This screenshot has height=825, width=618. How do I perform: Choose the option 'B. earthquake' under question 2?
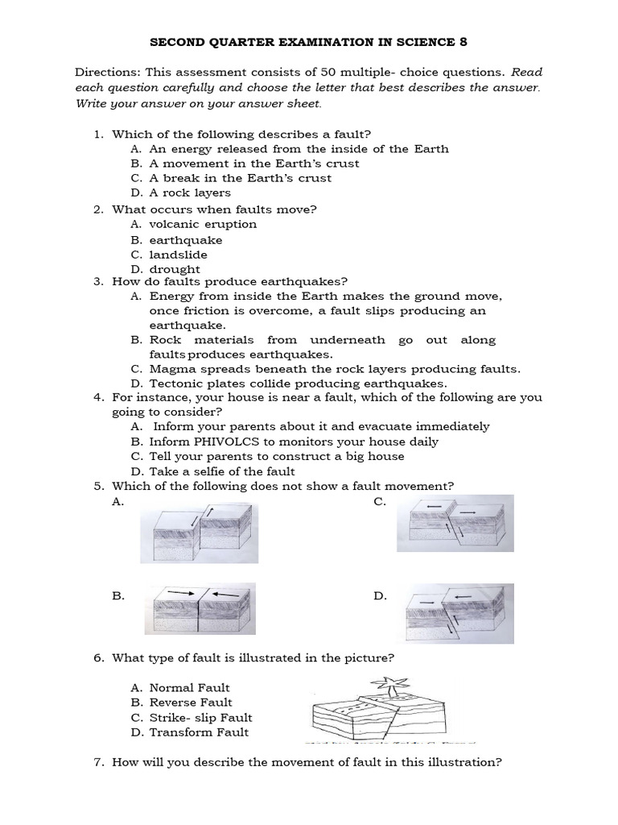tap(176, 240)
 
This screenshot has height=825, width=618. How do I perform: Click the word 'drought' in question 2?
tap(175, 269)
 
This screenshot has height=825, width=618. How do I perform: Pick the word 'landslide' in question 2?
tap(178, 255)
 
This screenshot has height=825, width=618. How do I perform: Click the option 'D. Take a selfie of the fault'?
tap(212, 471)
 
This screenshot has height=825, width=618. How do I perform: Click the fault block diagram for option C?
tap(451, 524)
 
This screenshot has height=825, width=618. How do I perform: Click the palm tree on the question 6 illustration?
tap(387, 686)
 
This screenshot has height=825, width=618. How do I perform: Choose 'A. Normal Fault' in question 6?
tap(180, 688)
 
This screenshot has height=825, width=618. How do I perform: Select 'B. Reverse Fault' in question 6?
tap(180, 703)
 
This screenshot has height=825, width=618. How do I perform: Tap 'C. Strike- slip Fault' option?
tap(192, 718)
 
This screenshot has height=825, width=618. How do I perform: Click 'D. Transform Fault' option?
tap(189, 732)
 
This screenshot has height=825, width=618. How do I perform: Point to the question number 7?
tap(98, 761)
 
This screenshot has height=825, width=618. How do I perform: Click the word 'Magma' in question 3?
tap(168, 369)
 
